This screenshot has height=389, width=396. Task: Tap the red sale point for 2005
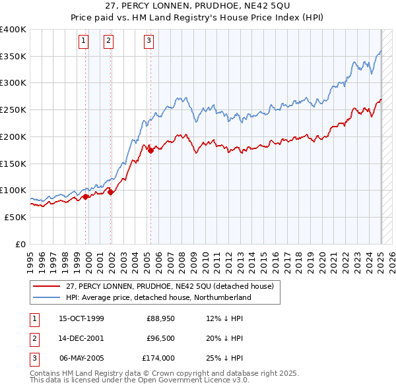point(151,150)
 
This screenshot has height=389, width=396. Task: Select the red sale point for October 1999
point(86,196)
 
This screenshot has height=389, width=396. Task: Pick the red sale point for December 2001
point(110,192)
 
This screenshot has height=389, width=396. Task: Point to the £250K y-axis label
point(13,110)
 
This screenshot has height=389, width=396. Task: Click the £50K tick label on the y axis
point(15,217)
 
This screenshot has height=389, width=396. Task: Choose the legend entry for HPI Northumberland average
point(158,297)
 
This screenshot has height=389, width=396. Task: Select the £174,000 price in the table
point(158,358)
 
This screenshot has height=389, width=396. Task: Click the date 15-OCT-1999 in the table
point(82,318)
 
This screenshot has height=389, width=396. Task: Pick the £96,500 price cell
point(160,338)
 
